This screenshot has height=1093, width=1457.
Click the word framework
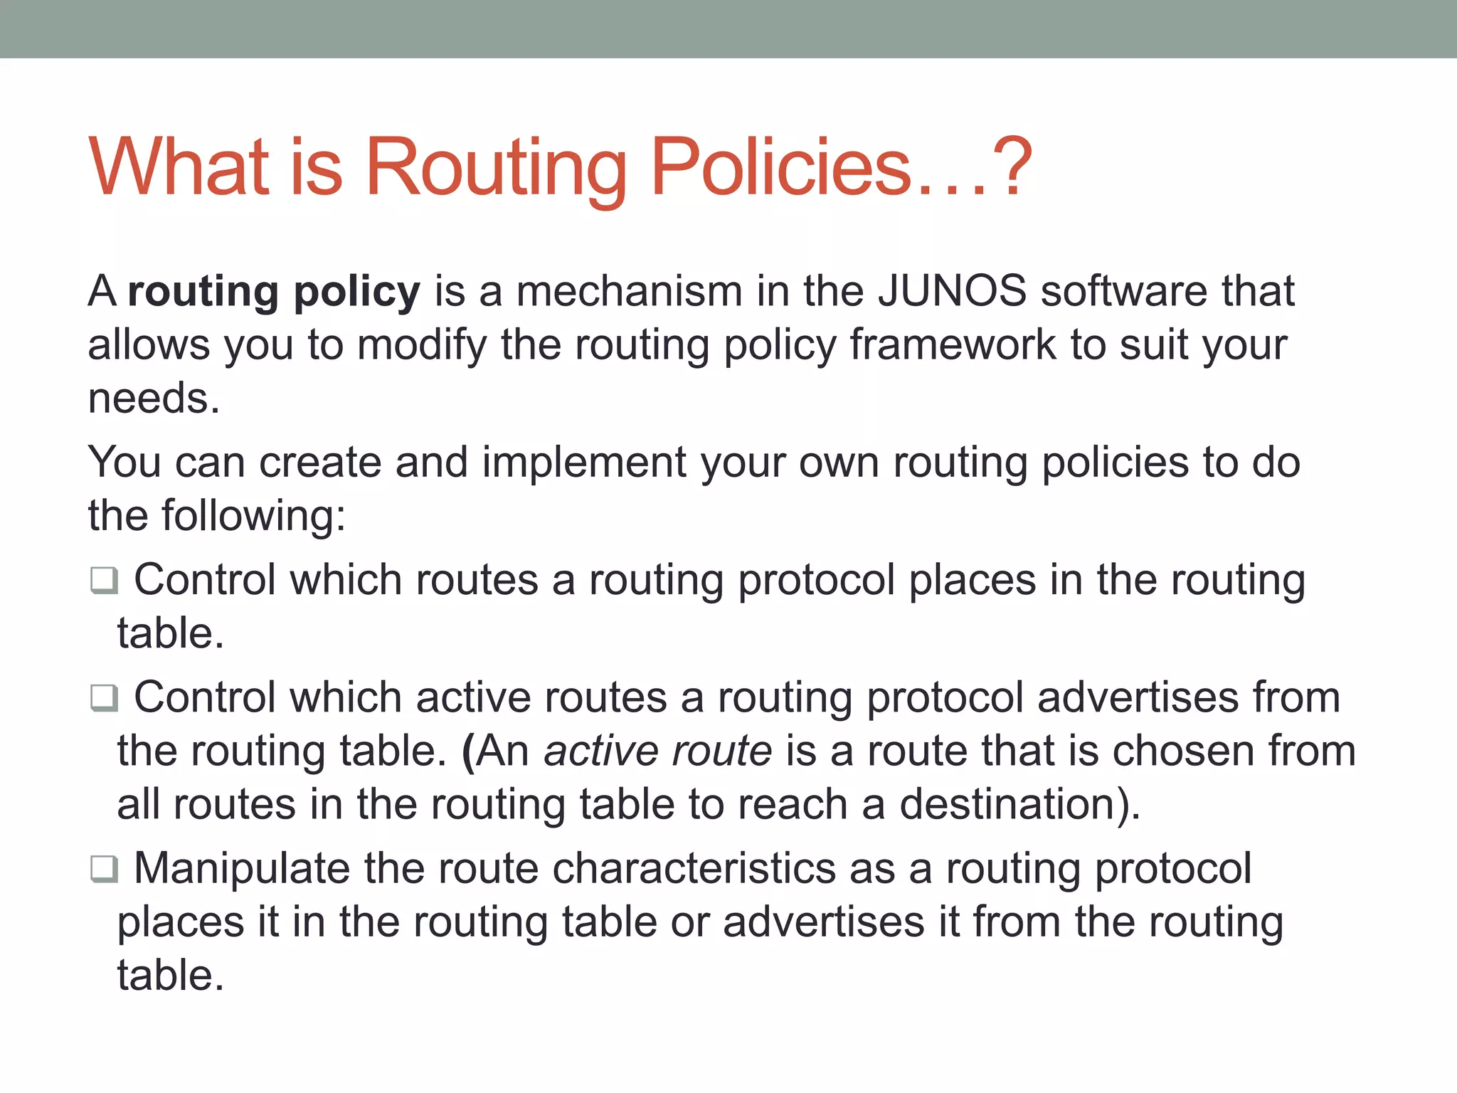pos(953,345)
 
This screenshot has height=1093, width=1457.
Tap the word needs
pos(153,398)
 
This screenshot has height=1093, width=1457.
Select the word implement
pos(583,463)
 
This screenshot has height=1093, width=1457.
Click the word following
pos(253,516)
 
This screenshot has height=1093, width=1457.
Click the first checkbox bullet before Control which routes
pos(104,580)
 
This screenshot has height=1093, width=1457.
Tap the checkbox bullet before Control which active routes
pos(104,697)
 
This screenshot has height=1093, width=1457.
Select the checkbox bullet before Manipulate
pos(104,869)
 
